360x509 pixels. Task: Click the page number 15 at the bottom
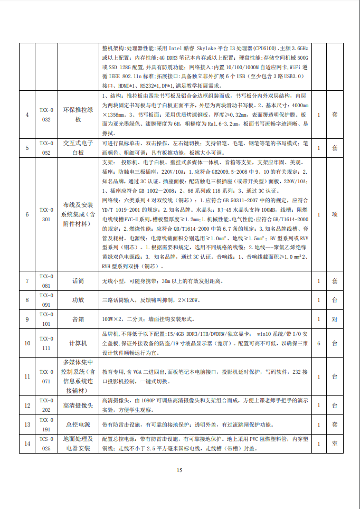179,470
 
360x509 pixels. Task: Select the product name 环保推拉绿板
78,115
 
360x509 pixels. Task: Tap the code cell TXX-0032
46,115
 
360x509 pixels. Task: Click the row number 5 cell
27,148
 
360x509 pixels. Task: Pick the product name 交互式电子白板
78,148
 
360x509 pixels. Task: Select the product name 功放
78,300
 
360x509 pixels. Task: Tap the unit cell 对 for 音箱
334,319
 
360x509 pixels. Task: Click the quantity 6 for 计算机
319,343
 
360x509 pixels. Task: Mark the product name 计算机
78,343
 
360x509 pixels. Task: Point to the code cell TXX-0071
46,376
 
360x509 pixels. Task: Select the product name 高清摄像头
78,405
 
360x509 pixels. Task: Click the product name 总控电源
78,424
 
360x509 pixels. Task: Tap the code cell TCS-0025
46,444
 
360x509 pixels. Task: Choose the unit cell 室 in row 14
334,444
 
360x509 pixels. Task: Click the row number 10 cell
27,343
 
